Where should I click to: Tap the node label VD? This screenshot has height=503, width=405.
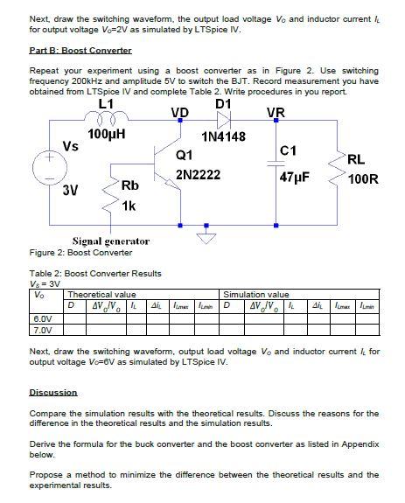179,112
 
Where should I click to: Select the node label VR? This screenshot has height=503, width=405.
275,112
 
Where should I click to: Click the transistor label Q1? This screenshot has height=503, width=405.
184,155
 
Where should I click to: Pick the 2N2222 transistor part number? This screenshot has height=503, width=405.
197,175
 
